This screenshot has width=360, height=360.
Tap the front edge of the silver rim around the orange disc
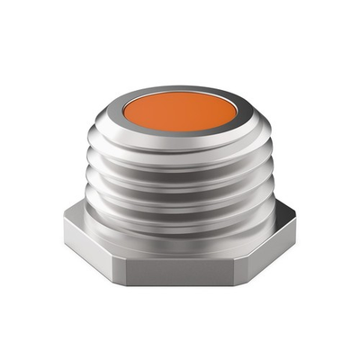(x=180, y=134)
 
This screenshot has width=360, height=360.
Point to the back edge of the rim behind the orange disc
(x=180, y=88)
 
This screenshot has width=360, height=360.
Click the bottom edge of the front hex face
(x=180, y=284)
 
